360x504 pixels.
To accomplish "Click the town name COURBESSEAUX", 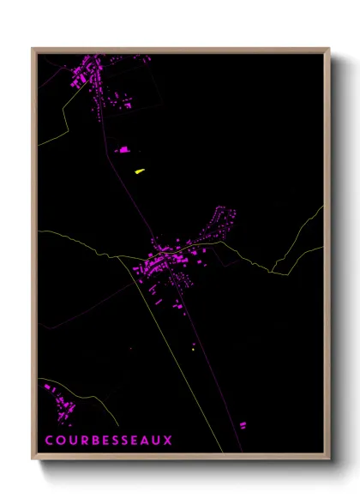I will (x=109, y=441).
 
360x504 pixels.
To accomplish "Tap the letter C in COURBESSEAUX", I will (x=49, y=441).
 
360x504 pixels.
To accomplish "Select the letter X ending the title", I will (x=169, y=441).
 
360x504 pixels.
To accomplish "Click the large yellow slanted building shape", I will (x=139, y=171).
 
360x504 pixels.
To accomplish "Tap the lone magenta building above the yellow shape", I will (x=124, y=150).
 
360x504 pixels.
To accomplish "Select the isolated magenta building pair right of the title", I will (x=243, y=424).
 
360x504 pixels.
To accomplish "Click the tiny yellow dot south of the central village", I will (x=195, y=348).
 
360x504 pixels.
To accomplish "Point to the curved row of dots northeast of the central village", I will (x=224, y=218).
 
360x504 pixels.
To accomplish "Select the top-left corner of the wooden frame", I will (x=33, y=49).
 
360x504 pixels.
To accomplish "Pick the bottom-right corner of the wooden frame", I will (x=328, y=460).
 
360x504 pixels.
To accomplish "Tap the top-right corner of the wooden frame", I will (x=328, y=49).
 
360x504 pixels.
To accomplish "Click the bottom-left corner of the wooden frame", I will (x=33, y=460).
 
